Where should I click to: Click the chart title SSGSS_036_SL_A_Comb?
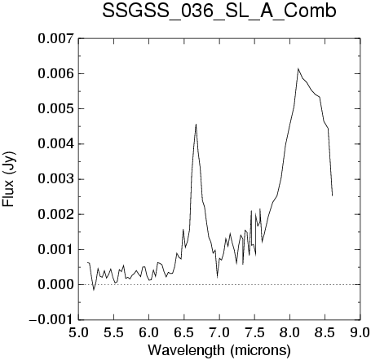(x=219, y=11)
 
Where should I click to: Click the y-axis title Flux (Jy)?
(x=8, y=179)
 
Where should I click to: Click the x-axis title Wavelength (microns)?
(x=219, y=350)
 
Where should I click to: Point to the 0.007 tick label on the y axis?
(x=55, y=38)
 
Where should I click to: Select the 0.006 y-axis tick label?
(x=55, y=73)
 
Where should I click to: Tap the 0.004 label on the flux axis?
(x=55, y=144)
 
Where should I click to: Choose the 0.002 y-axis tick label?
(x=55, y=214)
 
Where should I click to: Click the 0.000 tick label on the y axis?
(x=55, y=285)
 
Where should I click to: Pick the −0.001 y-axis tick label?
(x=51, y=320)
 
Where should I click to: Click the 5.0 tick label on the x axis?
(x=78, y=332)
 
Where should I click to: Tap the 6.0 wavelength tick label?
(x=149, y=332)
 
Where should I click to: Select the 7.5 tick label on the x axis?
(x=254, y=332)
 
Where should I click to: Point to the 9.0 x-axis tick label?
(x=360, y=332)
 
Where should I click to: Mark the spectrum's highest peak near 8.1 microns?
(x=298, y=68)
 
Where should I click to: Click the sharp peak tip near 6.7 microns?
(x=196, y=124)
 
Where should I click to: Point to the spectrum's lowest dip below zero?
(x=94, y=290)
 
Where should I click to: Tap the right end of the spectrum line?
(x=332, y=195)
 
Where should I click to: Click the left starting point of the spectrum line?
(x=87, y=262)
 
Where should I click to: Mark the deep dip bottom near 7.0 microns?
(x=217, y=277)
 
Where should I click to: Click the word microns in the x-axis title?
(x=260, y=350)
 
